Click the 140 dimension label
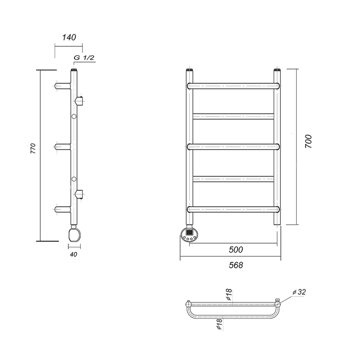[69, 37]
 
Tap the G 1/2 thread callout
[84, 58]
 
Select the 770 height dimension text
[33, 148]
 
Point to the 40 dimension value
[74, 255]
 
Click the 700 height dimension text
[309, 141]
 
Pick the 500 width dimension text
[236, 249]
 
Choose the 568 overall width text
[236, 265]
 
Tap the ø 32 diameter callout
[299, 292]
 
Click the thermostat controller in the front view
[189, 234]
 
